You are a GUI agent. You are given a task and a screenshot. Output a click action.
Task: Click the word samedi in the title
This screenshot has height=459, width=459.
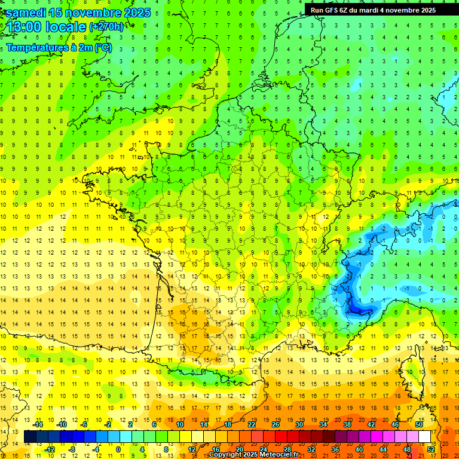pyautogui.click(x=29, y=13)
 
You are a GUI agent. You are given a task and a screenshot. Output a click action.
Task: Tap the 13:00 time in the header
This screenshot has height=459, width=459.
pyautogui.click(x=23, y=27)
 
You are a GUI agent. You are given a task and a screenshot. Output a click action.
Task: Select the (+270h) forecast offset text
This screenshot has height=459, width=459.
pyautogui.click(x=106, y=27)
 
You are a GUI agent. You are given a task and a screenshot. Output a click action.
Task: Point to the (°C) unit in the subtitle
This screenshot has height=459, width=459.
pyautogui.click(x=102, y=47)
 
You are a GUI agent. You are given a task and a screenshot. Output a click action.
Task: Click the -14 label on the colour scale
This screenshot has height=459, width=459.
pyautogui.click(x=37, y=424)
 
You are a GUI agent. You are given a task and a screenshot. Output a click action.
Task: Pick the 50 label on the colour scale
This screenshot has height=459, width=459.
pyautogui.click(x=418, y=424)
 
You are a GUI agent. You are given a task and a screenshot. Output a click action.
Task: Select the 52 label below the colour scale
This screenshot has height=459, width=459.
pyautogui.click(x=430, y=449)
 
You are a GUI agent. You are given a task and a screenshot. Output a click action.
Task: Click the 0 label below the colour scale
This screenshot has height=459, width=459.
pyautogui.click(x=118, y=449)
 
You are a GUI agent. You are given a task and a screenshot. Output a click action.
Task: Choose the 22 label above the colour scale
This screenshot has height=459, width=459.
pyautogui.click(x=252, y=424)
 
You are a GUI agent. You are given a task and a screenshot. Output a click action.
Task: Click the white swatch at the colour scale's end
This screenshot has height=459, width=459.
pyautogui.click(x=424, y=437)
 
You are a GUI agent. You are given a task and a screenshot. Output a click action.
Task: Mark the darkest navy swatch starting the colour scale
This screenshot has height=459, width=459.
pyautogui.click(x=30, y=437)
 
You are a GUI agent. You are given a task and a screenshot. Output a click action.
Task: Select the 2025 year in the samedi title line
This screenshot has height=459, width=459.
pyautogui.click(x=137, y=13)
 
